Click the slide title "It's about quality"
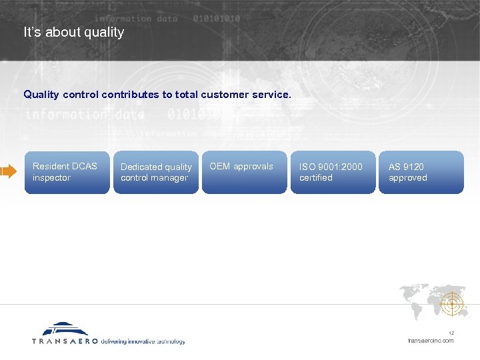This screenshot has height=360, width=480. (x=73, y=32)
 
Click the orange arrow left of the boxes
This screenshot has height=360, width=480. (x=8, y=172)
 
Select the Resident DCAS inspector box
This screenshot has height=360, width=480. (x=67, y=173)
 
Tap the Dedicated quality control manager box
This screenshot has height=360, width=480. (x=155, y=173)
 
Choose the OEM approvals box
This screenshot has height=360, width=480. (x=244, y=173)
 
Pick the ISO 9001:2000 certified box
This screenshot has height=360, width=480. (x=333, y=173)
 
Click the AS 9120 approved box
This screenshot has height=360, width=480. (x=421, y=173)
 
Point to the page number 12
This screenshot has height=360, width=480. (x=451, y=333)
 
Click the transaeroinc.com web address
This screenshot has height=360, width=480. (x=431, y=341)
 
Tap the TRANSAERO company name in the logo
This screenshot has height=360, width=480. (x=65, y=341)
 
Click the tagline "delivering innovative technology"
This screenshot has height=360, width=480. (x=143, y=341)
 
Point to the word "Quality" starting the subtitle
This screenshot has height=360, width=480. (x=41, y=95)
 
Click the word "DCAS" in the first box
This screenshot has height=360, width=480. (x=83, y=166)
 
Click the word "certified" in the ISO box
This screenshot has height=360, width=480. (x=316, y=178)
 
